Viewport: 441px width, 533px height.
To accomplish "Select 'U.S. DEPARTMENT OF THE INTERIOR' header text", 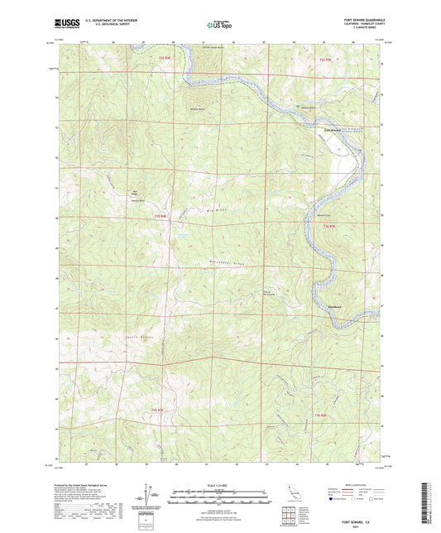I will [x=112, y=21].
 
